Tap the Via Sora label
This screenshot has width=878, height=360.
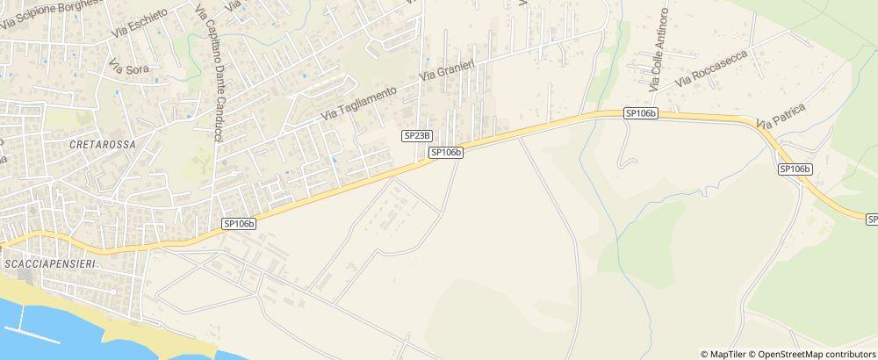128,65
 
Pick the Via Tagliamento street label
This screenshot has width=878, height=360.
360,103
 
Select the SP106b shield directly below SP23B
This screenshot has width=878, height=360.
446,152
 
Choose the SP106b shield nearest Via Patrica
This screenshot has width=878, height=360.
795,169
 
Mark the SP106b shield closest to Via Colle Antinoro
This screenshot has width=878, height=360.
641,114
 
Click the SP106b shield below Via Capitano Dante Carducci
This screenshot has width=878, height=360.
239,224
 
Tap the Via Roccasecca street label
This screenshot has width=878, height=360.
709,70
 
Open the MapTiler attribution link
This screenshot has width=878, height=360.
727,354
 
